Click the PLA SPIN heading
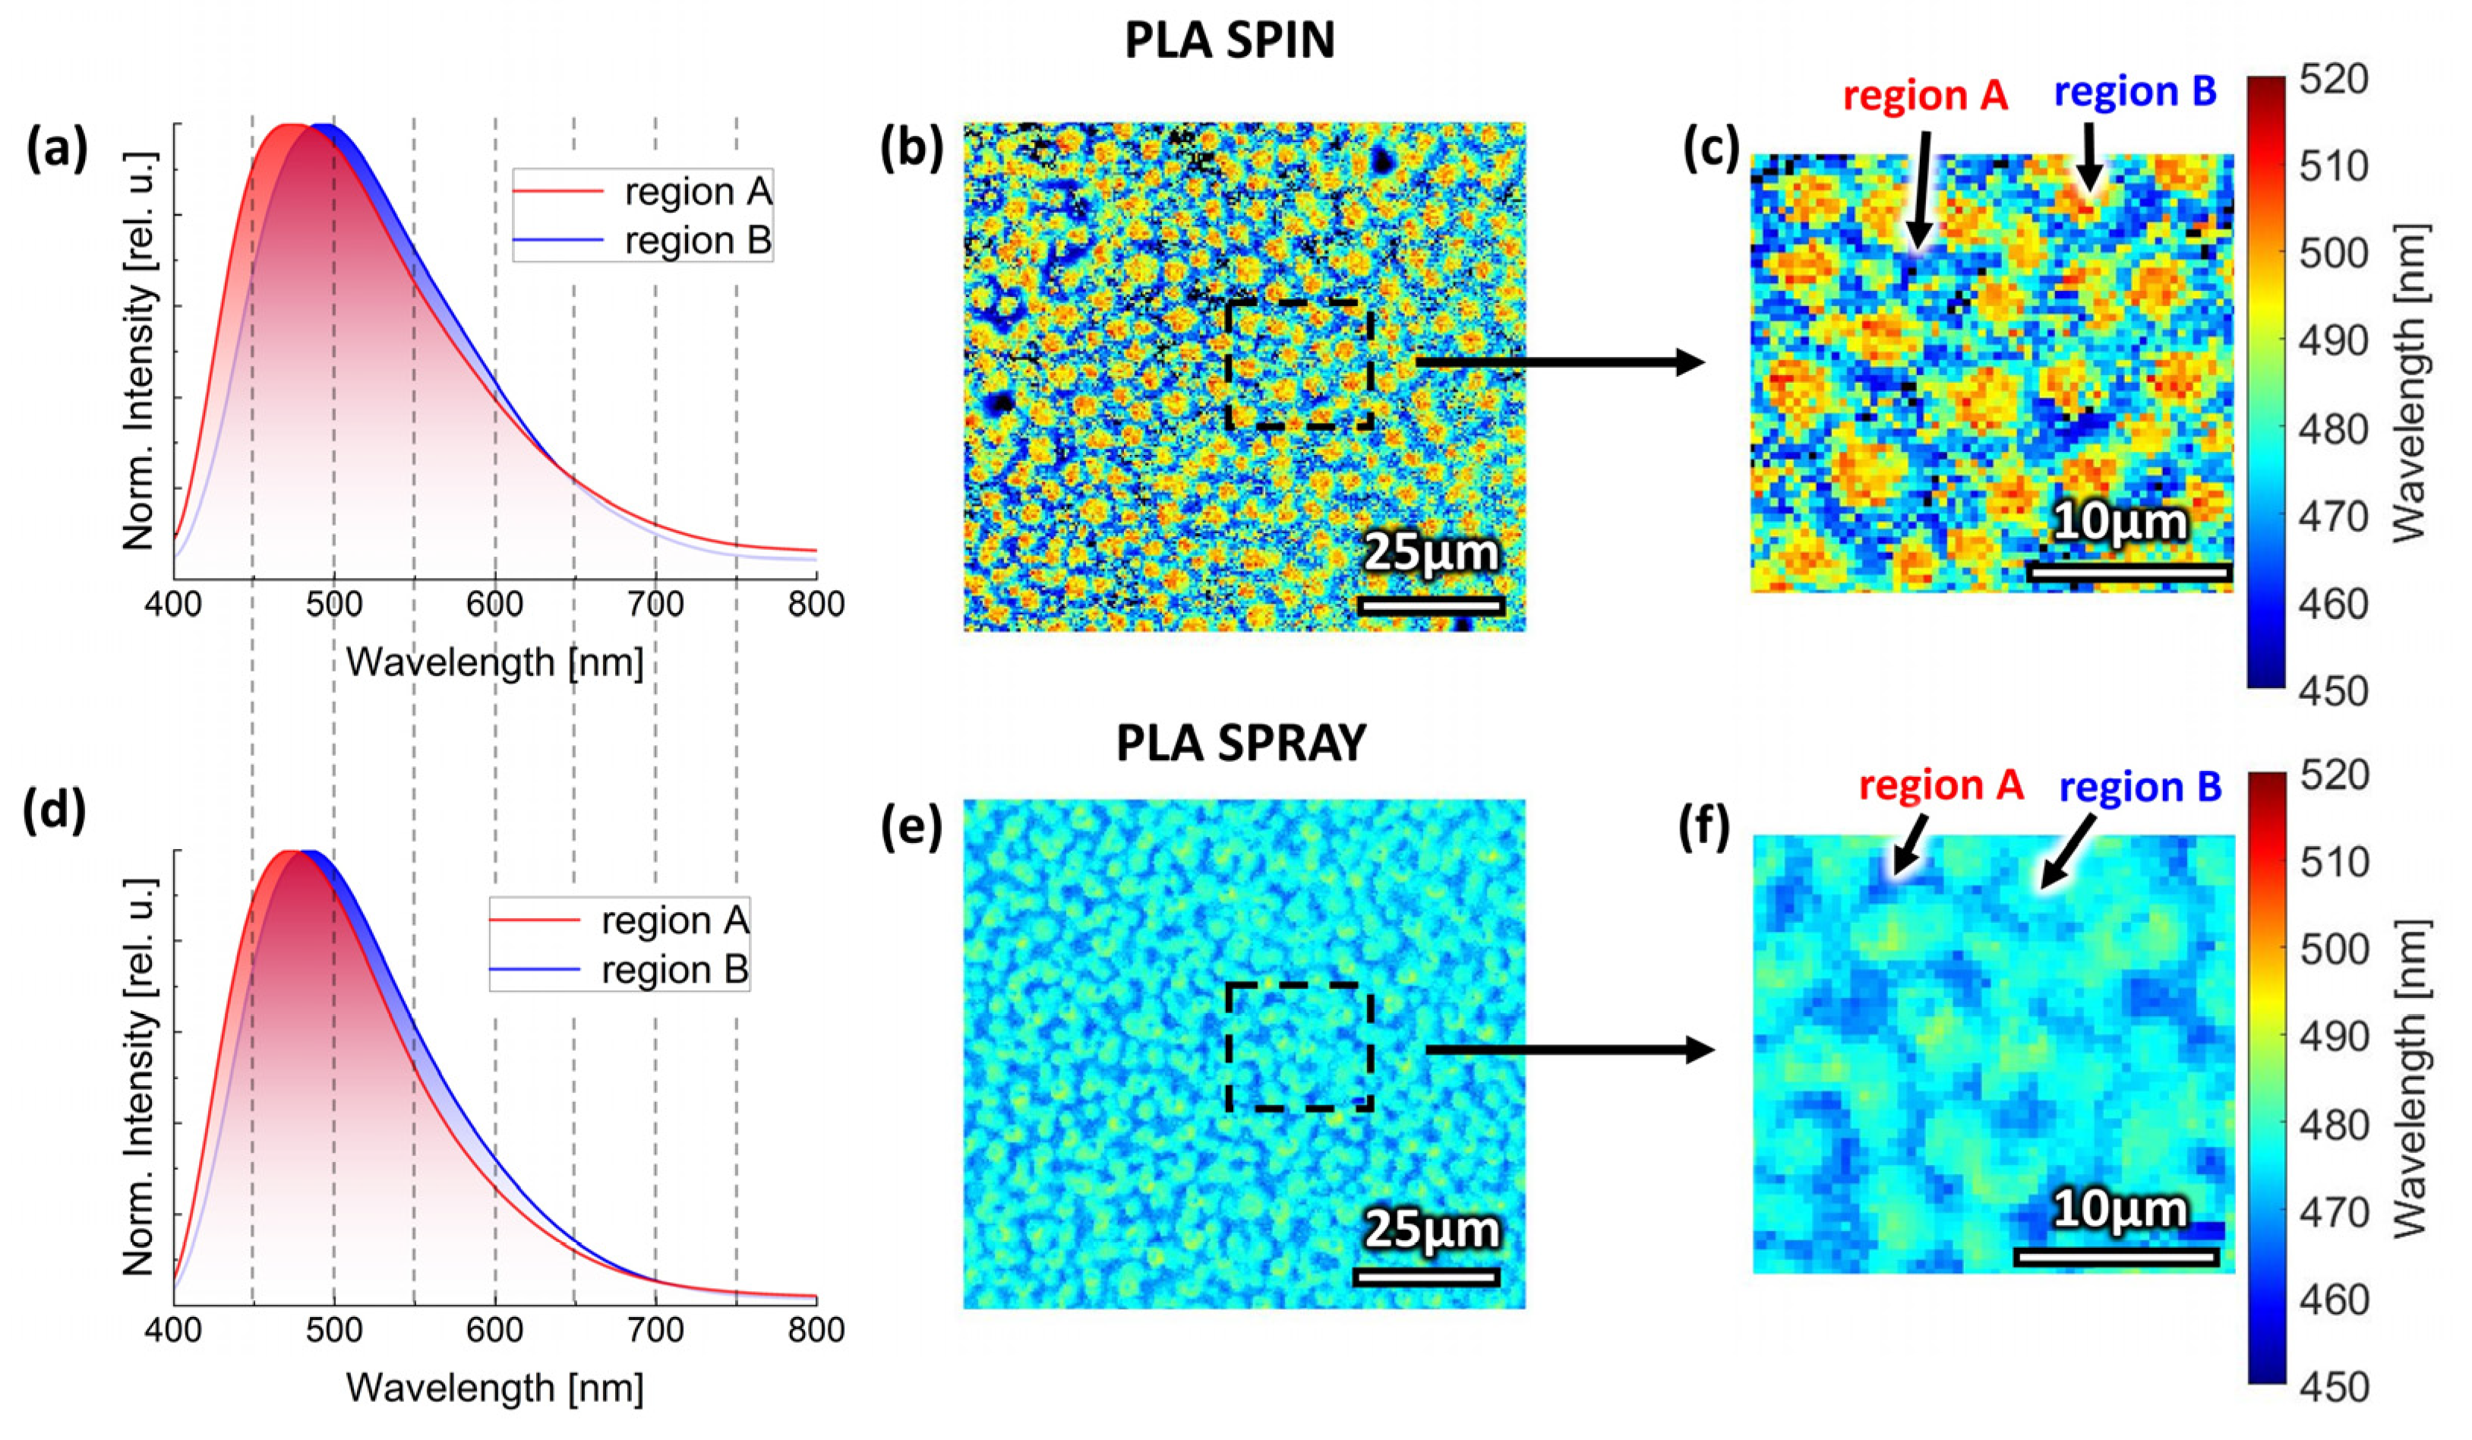tap(1229, 41)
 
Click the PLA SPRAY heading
tap(1240, 744)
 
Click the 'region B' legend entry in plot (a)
tap(697, 240)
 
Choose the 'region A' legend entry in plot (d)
tap(674, 920)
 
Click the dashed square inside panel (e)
tap(1299, 1047)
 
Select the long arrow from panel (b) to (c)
tap(1560, 362)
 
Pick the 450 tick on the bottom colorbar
tap(2334, 1387)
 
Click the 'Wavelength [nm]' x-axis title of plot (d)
tap(494, 1388)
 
